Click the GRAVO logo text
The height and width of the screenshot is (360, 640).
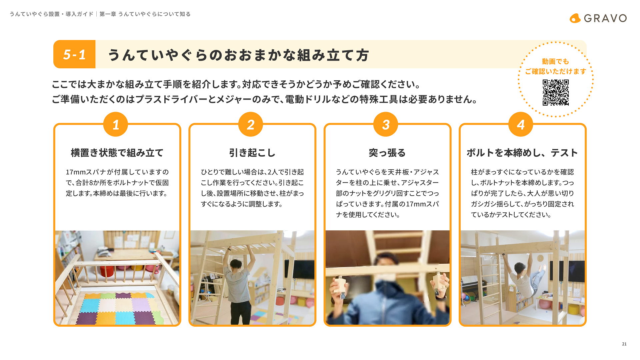(605, 18)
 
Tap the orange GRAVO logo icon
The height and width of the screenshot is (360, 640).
(575, 18)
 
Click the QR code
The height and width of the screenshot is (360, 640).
(556, 92)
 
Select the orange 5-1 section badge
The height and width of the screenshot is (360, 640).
(74, 54)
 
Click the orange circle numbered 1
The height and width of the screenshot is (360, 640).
(116, 124)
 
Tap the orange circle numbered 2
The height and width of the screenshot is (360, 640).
(251, 124)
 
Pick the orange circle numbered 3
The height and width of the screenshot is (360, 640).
(386, 124)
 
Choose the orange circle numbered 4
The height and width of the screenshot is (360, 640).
(521, 124)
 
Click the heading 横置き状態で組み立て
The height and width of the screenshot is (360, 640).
(117, 153)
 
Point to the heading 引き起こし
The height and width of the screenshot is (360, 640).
(252, 153)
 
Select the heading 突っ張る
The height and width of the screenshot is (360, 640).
(387, 153)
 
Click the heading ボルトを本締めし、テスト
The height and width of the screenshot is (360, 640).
(522, 153)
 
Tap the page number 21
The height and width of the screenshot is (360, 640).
(624, 344)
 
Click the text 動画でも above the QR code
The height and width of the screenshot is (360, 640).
(555, 61)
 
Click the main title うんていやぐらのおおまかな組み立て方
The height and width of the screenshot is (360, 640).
(238, 55)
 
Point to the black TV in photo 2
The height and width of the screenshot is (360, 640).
(299, 269)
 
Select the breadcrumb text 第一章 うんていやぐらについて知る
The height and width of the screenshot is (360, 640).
(145, 14)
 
